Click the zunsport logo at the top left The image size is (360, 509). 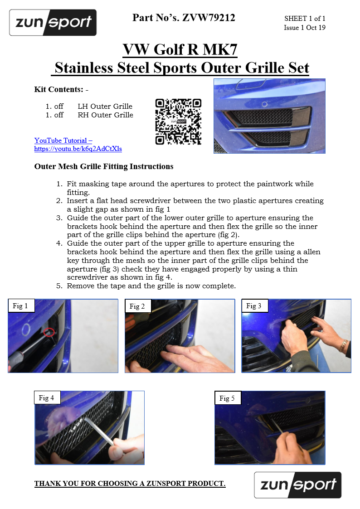[53, 22]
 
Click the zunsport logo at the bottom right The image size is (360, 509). [298, 485]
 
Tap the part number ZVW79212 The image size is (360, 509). [209, 18]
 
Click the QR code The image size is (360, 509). [178, 122]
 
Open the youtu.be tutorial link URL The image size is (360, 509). [78, 149]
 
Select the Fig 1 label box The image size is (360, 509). [21, 305]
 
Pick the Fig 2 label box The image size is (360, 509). [138, 306]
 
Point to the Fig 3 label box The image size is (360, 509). [255, 306]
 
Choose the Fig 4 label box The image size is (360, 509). [48, 398]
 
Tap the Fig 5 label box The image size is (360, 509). [228, 398]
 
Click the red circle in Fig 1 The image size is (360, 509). [49, 332]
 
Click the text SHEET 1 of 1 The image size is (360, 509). [305, 19]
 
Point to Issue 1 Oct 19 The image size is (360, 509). [305, 28]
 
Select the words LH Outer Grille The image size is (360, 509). [105, 107]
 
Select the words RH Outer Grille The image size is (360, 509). [106, 115]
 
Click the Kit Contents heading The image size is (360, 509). [61, 89]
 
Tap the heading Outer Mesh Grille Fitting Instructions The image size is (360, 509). [104, 166]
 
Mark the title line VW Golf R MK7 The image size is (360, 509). [180, 50]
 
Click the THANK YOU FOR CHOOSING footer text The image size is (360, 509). [130, 483]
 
